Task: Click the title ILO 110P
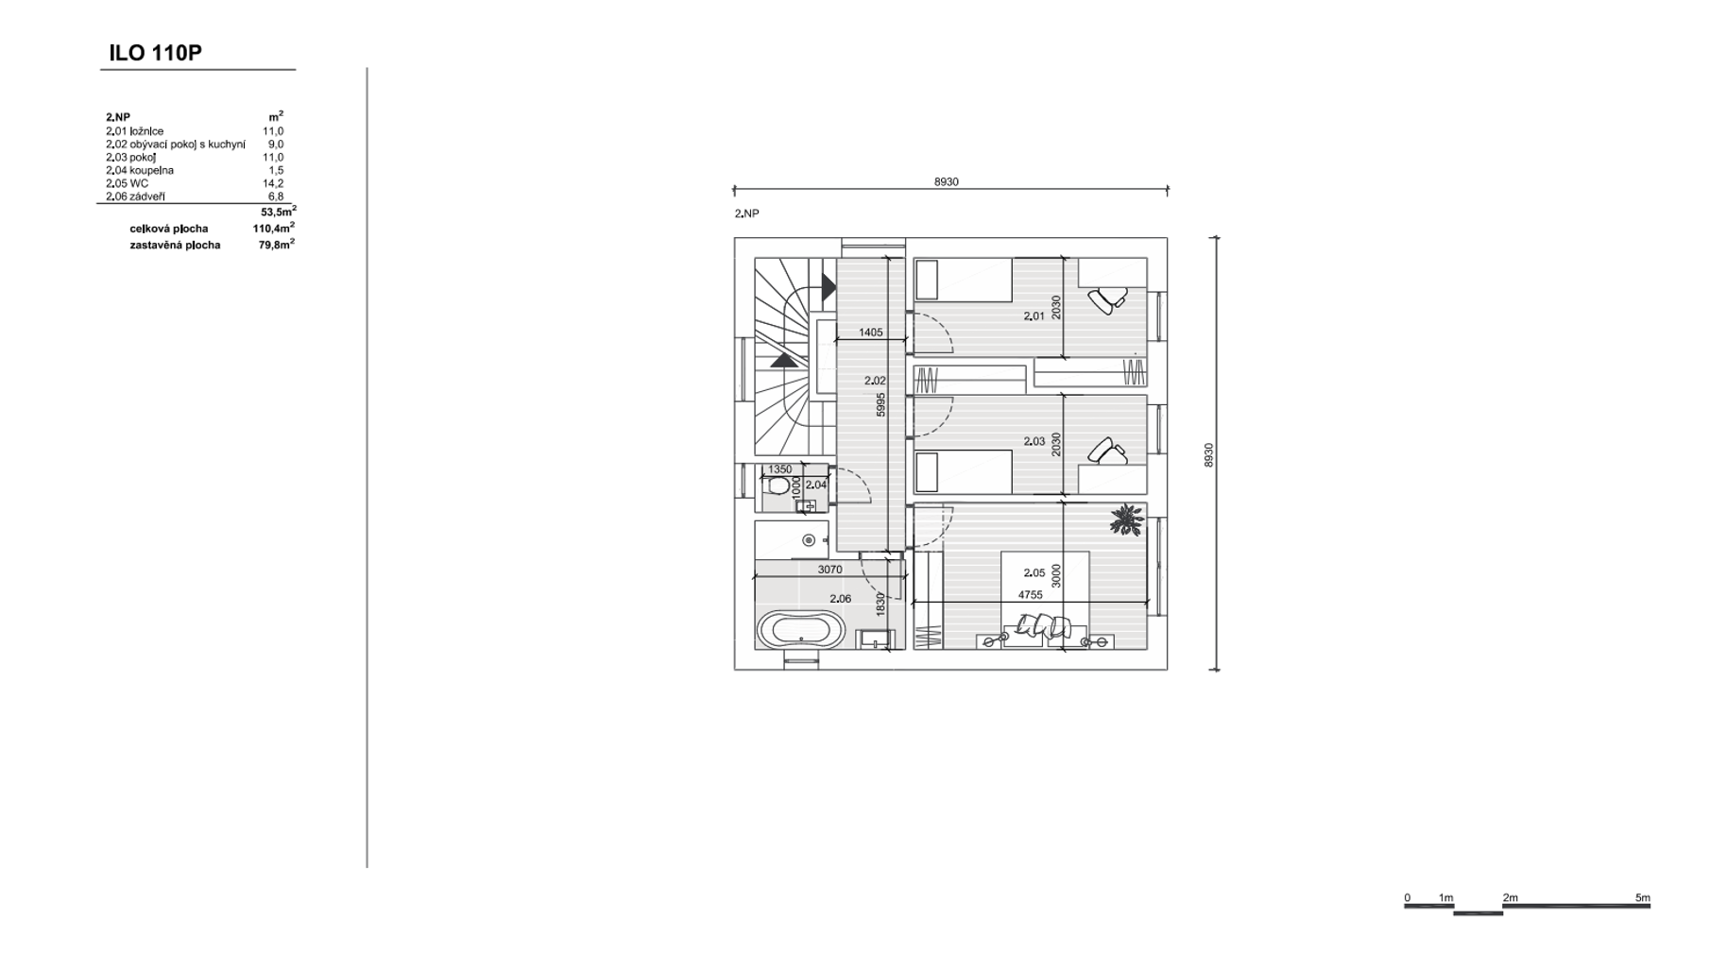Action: [155, 53]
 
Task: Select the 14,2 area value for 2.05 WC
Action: [273, 183]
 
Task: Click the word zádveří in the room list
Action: [147, 196]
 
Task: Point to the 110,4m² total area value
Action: [274, 228]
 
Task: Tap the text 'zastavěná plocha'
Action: [175, 245]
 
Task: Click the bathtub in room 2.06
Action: [801, 630]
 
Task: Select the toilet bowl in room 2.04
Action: [778, 486]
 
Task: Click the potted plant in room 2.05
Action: [1126, 519]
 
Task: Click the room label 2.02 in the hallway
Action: [875, 381]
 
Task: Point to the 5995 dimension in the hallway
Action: [880, 404]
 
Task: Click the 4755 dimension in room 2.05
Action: [1030, 595]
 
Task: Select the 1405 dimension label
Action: [870, 332]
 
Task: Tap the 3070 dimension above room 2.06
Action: [829, 570]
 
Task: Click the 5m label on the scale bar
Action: [1643, 897]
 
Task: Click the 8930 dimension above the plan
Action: [946, 181]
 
